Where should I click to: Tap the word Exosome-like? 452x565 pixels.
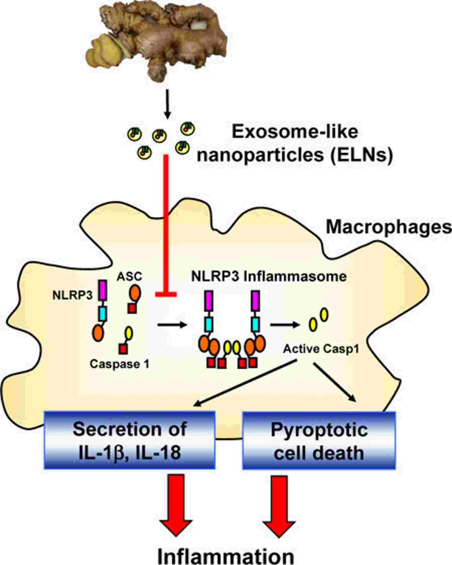click(294, 132)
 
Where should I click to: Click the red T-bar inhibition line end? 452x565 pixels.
click(166, 294)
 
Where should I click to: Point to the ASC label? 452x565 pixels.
click(129, 276)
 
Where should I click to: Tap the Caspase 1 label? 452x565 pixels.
click(119, 364)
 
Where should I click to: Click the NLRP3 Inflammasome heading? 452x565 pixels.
click(269, 276)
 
